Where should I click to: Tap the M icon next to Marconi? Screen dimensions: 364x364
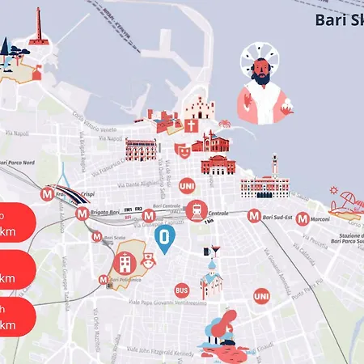pos(302,218)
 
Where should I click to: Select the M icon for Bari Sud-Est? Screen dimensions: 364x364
pos(254,216)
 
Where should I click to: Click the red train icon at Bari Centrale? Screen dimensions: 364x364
pos(196,210)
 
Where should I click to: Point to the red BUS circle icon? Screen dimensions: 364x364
pos(182,289)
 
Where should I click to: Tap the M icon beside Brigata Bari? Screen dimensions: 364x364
pos(82,214)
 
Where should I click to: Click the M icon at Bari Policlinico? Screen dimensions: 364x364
pos(104,279)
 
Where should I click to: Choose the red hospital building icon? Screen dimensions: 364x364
pos(125,262)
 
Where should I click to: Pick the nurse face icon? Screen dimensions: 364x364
pos(148,262)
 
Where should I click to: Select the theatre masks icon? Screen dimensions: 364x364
pos(183,150)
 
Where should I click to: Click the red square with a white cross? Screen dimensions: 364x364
pos(191,127)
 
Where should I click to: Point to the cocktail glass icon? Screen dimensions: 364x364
pos(215,251)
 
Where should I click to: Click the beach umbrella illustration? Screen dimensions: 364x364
pos(349,199)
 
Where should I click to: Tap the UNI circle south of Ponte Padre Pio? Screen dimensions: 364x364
pos(260,297)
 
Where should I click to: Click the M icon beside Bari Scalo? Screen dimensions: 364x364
pos(97,237)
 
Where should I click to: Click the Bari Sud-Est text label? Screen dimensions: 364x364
pos(277,216)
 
